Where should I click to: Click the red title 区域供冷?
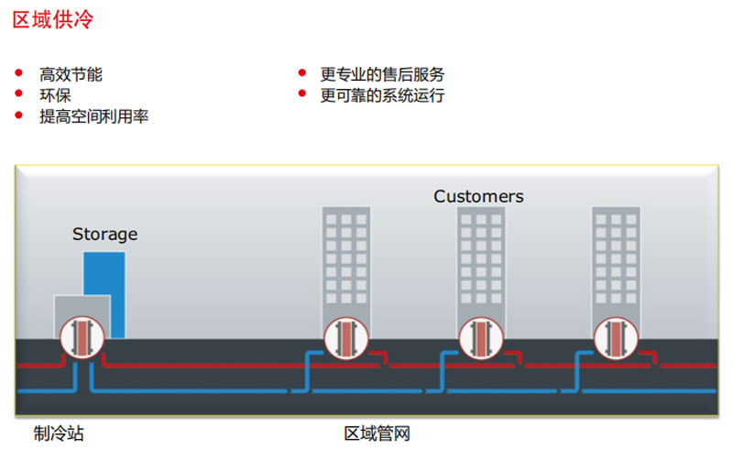52,20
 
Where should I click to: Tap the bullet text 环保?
55,94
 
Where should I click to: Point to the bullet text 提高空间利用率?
93,116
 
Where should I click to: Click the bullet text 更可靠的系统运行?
382,95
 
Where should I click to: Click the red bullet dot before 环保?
19,93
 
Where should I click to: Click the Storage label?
104,235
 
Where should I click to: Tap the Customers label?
478,196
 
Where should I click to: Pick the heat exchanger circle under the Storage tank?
82,336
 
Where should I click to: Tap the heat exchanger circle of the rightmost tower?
615,336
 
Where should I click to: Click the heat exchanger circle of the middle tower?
480,336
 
